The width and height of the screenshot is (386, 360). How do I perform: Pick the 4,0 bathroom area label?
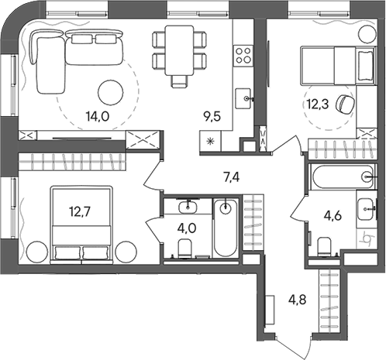[185, 228]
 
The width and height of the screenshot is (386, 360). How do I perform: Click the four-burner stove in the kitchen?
[243, 56]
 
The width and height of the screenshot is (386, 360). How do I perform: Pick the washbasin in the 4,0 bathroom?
[187, 206]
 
